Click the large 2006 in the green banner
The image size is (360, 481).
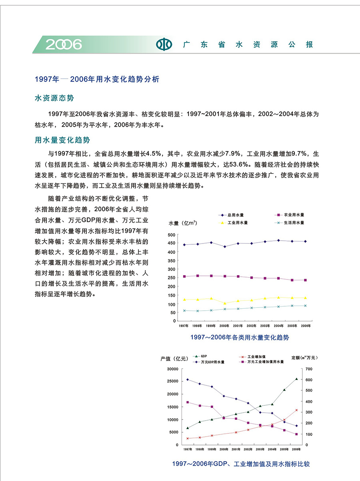64,44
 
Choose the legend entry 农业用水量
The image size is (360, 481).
294,215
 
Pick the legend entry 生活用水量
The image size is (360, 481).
294,223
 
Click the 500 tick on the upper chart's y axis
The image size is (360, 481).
172,235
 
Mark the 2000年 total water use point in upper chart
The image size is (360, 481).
225,247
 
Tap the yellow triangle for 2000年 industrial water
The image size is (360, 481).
225,303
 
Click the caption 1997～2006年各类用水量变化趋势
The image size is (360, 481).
240,337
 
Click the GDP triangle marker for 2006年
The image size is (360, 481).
296,379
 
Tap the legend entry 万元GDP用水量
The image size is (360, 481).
212,362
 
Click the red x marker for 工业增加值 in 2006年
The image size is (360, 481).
296,410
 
